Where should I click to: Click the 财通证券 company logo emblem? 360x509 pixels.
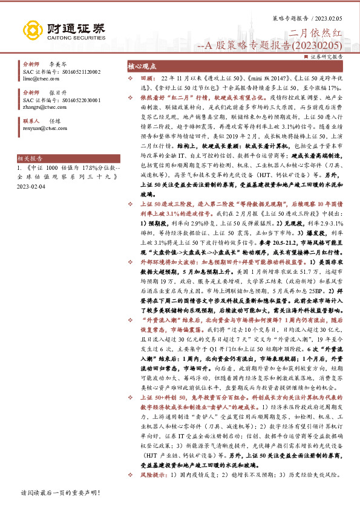[31, 28]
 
